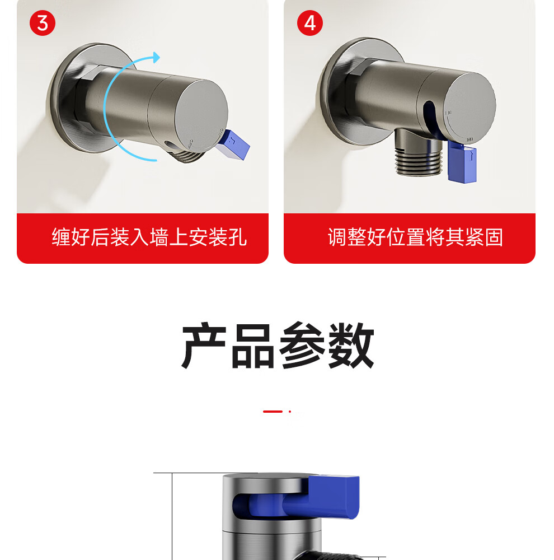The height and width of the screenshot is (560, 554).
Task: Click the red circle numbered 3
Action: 43,23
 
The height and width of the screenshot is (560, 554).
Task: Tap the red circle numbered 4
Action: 310,23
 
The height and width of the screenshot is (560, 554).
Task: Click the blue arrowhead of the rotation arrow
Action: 156,57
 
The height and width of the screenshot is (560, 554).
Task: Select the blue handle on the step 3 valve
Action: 233,144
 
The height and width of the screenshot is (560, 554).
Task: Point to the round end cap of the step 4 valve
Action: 471,106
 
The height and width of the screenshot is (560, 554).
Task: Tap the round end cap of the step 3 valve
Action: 201,113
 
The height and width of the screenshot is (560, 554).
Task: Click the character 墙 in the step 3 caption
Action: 159,237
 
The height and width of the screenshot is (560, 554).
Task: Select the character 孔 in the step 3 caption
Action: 237,237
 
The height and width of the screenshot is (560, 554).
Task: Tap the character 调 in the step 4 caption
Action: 337,237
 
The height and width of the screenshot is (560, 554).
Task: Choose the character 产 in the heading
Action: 204,345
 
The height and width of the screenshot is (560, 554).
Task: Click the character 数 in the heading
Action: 350,345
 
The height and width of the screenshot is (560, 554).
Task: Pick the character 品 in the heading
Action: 253,345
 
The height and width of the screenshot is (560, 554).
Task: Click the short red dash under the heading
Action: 273,412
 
